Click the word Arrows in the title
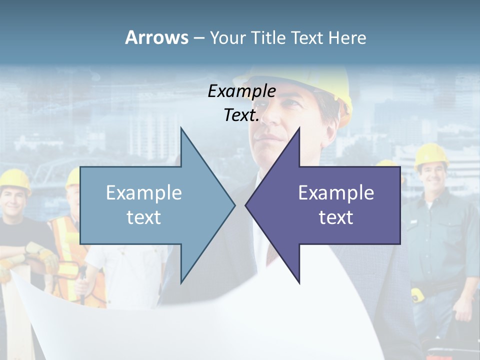156,37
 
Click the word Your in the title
227,37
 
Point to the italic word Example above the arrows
241,91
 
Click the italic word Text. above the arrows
241,115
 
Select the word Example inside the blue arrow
144,192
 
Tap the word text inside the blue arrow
144,217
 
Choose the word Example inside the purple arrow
336,192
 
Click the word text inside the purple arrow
336,217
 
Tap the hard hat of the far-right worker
431,154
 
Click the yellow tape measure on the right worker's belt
417,295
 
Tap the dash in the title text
198,38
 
